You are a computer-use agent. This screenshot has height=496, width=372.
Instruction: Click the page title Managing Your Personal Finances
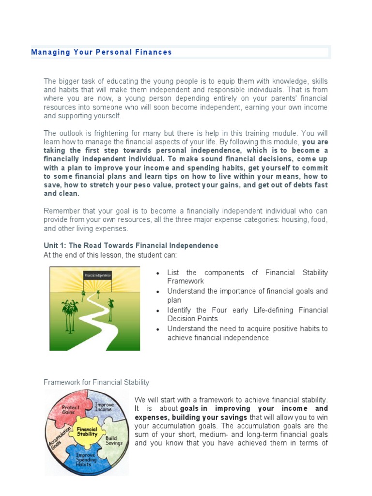[x=102, y=52]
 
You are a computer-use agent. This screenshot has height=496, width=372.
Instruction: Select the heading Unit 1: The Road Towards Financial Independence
[x=131, y=246]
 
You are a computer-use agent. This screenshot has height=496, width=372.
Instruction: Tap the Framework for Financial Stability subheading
[x=96, y=383]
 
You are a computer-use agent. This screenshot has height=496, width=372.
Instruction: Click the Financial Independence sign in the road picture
[x=98, y=275]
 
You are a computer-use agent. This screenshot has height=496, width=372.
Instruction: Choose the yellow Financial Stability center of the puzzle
[x=87, y=431]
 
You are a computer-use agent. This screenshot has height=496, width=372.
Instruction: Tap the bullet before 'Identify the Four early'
[x=158, y=311]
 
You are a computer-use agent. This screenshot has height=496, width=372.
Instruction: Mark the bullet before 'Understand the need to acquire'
[x=158, y=329]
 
